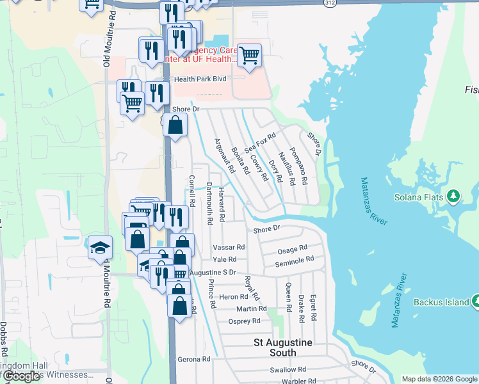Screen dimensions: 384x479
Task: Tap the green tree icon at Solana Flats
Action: (x=454, y=195)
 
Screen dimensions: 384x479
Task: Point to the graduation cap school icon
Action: (x=100, y=247)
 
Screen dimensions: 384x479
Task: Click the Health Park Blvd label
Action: (x=200, y=79)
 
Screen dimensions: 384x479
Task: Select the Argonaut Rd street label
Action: (x=223, y=156)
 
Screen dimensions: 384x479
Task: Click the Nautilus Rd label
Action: (x=287, y=167)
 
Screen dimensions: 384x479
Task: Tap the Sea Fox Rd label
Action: (x=259, y=141)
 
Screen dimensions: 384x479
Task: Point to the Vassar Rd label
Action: (x=229, y=247)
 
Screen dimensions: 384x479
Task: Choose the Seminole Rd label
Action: (x=294, y=260)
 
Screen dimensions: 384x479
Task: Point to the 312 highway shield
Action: (x=329, y=3)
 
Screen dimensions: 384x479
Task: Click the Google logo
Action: (x=22, y=376)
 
